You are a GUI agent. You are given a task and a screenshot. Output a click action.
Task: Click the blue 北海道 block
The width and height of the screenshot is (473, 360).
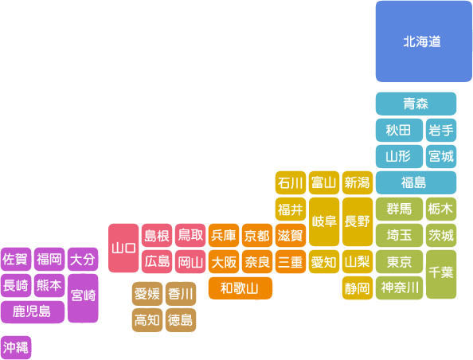click(x=424, y=41)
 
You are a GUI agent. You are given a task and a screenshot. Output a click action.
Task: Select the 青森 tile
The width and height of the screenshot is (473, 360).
click(x=416, y=104)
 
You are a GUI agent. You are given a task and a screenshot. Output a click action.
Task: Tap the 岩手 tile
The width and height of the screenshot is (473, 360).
click(x=441, y=130)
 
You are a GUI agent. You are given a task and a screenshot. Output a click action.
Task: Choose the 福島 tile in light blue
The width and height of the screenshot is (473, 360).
click(x=416, y=182)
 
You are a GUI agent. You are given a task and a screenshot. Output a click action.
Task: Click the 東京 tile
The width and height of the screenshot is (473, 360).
click(x=399, y=261)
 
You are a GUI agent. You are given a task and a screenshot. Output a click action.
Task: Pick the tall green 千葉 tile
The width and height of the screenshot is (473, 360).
click(x=441, y=274)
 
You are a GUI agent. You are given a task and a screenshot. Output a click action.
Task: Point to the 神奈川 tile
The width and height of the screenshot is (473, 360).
click(x=399, y=288)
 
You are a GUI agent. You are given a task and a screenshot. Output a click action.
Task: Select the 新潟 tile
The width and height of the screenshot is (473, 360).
click(x=358, y=182)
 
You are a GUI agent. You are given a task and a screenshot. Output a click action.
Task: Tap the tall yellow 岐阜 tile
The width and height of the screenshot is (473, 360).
click(x=324, y=221)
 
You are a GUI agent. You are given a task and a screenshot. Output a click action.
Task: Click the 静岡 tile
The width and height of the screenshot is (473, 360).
click(x=358, y=288)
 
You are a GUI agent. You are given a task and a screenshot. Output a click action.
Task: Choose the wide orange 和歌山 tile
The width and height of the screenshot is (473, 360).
click(x=240, y=288)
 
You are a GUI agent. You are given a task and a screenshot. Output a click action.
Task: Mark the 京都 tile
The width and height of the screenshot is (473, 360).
click(x=257, y=235)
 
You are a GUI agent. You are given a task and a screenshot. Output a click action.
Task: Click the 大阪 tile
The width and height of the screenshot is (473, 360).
click(x=224, y=261)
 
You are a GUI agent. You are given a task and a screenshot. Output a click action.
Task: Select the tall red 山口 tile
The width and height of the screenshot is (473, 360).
click(x=123, y=248)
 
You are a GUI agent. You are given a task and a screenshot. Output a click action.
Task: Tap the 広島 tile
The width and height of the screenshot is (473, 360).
click(x=157, y=261)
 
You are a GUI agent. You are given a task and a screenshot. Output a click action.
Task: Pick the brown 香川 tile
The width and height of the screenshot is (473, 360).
click(x=181, y=294)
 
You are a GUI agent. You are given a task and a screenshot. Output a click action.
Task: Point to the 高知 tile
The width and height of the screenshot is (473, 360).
click(x=147, y=320)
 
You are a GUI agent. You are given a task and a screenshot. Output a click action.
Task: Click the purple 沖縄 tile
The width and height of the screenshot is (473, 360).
click(x=16, y=347)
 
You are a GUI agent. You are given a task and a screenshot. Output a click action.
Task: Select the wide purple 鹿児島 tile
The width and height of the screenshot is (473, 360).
click(x=33, y=311)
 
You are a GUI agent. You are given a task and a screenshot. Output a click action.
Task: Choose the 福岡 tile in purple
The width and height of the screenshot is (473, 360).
click(x=49, y=259)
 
